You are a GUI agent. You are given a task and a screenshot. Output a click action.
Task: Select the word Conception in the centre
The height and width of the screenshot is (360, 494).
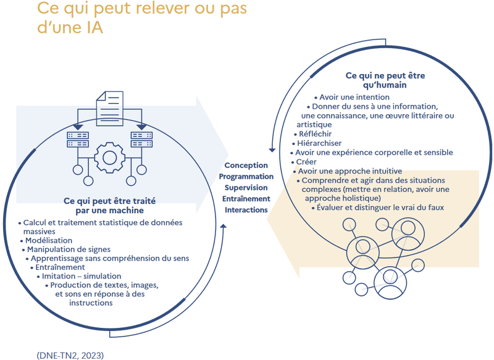point(246,165)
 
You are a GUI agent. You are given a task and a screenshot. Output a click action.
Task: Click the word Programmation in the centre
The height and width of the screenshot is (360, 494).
point(246,177)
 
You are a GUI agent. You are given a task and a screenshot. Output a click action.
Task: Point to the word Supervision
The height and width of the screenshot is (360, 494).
point(246,188)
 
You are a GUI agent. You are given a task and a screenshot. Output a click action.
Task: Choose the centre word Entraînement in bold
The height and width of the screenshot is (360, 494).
point(246,199)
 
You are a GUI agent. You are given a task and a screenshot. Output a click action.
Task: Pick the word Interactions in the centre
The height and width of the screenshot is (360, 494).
point(246,210)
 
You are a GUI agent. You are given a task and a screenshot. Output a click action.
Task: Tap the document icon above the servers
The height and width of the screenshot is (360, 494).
point(109,105)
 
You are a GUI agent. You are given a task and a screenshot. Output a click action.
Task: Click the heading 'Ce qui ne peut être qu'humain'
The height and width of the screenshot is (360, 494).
point(376,80)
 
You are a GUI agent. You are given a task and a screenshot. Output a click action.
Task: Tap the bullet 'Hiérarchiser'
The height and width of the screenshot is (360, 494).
point(317,143)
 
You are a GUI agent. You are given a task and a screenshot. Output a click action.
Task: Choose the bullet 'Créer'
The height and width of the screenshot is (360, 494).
point(307,162)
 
